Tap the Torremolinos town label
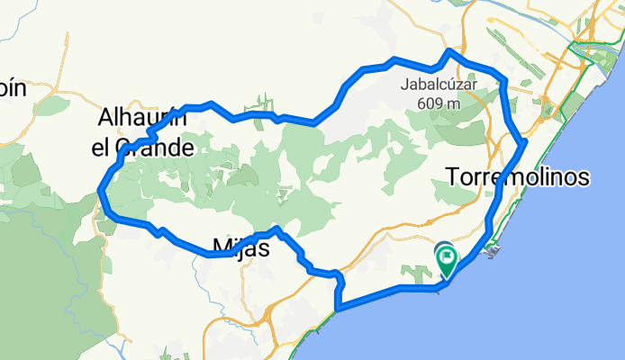[517, 177]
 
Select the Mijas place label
[240, 247]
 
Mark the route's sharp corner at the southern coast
[338, 310]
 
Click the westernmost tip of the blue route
[101, 190]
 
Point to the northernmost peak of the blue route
[448, 52]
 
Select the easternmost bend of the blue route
[524, 141]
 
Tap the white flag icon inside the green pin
[448, 256]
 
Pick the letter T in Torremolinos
[453, 177]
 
